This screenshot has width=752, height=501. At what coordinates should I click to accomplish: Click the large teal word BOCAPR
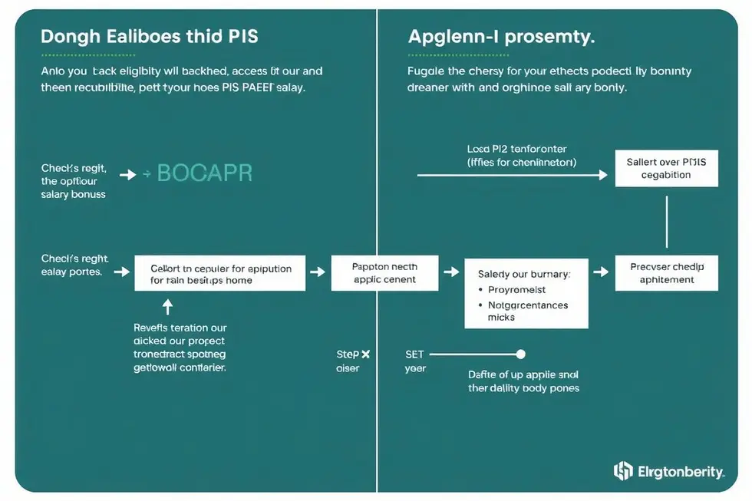204,173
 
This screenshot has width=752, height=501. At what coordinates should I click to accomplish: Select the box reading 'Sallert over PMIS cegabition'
666,168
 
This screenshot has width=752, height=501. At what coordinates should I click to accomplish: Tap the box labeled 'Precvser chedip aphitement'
666,273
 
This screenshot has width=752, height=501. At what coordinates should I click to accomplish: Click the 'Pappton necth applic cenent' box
384,273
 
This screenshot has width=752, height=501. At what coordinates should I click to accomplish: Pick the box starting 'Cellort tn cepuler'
219,273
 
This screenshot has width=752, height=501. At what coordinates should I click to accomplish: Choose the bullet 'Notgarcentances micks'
528,311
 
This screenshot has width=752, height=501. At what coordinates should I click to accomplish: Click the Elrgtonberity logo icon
623,470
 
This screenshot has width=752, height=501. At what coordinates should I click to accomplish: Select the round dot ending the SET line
521,354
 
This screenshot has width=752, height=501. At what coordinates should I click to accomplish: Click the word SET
414,354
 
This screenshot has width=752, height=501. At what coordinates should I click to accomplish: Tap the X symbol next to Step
365,354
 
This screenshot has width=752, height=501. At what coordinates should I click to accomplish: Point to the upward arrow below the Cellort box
168,306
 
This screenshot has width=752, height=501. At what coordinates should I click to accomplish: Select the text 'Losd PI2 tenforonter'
516,149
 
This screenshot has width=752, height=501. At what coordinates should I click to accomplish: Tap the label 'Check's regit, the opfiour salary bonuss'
74,181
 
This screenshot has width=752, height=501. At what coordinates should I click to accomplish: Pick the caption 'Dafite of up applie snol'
523,375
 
